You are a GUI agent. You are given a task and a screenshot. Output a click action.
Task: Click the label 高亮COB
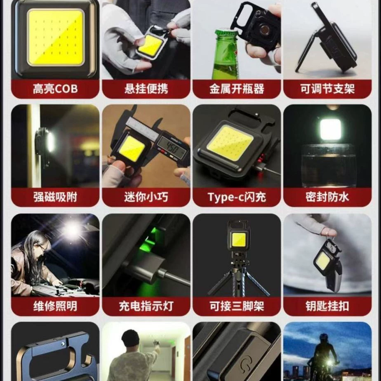point(55,89)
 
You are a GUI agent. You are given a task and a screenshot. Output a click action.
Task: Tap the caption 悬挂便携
point(146,89)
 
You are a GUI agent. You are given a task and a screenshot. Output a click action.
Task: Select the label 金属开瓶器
point(237,89)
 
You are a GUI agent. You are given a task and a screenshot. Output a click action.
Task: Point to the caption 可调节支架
point(327,89)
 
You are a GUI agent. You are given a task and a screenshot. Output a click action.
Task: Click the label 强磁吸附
point(55,197)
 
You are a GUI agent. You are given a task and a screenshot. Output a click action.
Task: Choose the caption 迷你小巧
point(146,197)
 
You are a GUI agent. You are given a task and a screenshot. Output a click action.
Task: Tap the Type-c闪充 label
point(237,197)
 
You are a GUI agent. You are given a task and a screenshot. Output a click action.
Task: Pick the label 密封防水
point(327,197)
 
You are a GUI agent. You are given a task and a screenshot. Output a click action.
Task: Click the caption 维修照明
point(55,306)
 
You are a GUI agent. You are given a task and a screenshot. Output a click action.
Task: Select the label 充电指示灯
point(146,306)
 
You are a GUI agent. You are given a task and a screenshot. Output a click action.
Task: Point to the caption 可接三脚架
point(237,306)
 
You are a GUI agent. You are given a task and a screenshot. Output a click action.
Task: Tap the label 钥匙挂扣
point(327,306)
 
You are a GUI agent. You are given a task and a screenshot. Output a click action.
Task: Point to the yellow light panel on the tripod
point(239,239)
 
